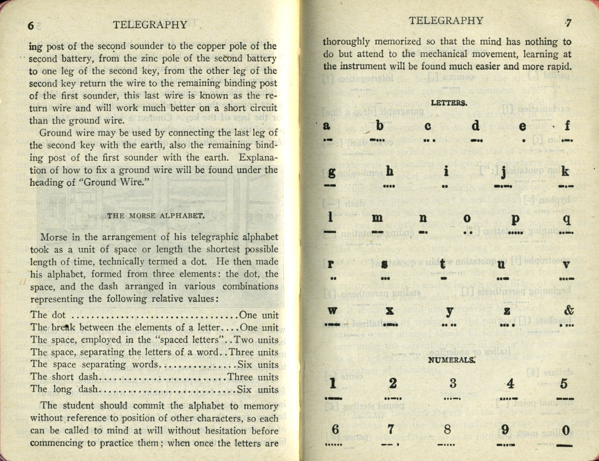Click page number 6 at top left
point(31,26)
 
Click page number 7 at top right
point(568,22)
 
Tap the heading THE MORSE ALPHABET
point(156,215)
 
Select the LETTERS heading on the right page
point(449,103)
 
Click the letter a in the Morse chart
point(327,126)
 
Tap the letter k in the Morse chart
point(565,172)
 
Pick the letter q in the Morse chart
point(567,219)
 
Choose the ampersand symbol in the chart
point(569,310)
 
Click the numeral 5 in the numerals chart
point(564,383)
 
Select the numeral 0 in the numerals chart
point(566,430)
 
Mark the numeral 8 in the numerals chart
point(447,430)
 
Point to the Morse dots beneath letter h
point(389,186)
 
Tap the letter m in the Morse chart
point(377,219)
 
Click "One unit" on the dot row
point(259,315)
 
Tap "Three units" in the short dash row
point(253,377)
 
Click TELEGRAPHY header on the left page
point(150,25)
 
